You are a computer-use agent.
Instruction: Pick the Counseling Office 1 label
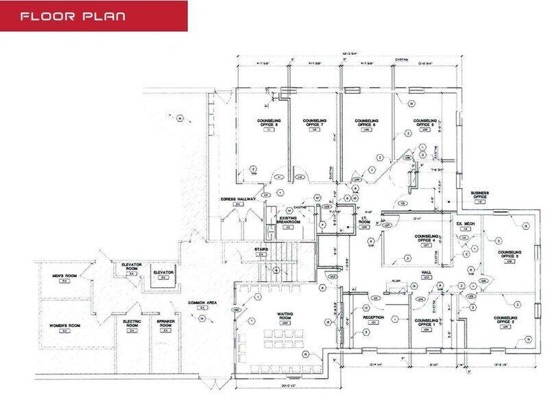427,321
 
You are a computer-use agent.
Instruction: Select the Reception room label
373,318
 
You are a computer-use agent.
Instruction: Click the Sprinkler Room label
164,324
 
